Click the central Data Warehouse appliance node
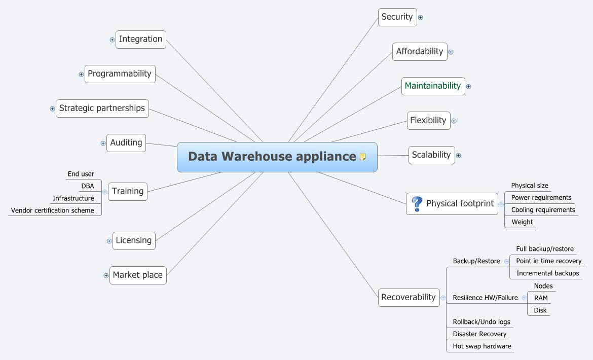pos(272,157)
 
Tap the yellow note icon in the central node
pos(362,157)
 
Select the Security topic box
pos(397,17)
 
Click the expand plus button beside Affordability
pos(451,52)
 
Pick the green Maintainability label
pos(433,86)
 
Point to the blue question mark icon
pos(417,204)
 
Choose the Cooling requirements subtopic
pos(543,210)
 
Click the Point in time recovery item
pos(548,261)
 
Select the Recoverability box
pos(408,297)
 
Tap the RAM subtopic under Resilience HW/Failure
pos(541,298)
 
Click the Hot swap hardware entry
pos(481,346)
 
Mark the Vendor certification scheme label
pos(53,210)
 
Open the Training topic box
pos(128,192)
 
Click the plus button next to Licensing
pos(109,241)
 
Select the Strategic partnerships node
pos(102,109)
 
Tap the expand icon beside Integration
pos(112,40)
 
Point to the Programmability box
pos(120,74)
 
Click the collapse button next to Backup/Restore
pos(506,262)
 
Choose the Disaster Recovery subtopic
pos(479,334)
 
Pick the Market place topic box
pos(138,275)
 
